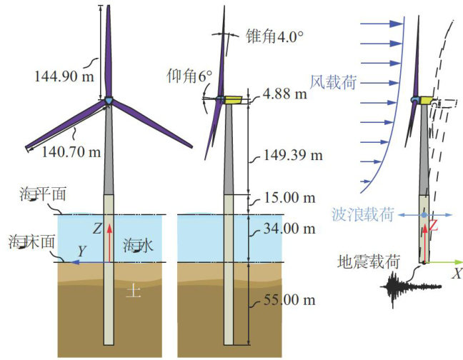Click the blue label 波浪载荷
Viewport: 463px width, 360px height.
(361, 214)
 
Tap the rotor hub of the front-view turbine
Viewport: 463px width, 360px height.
(109, 101)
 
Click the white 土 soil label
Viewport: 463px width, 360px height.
(131, 291)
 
